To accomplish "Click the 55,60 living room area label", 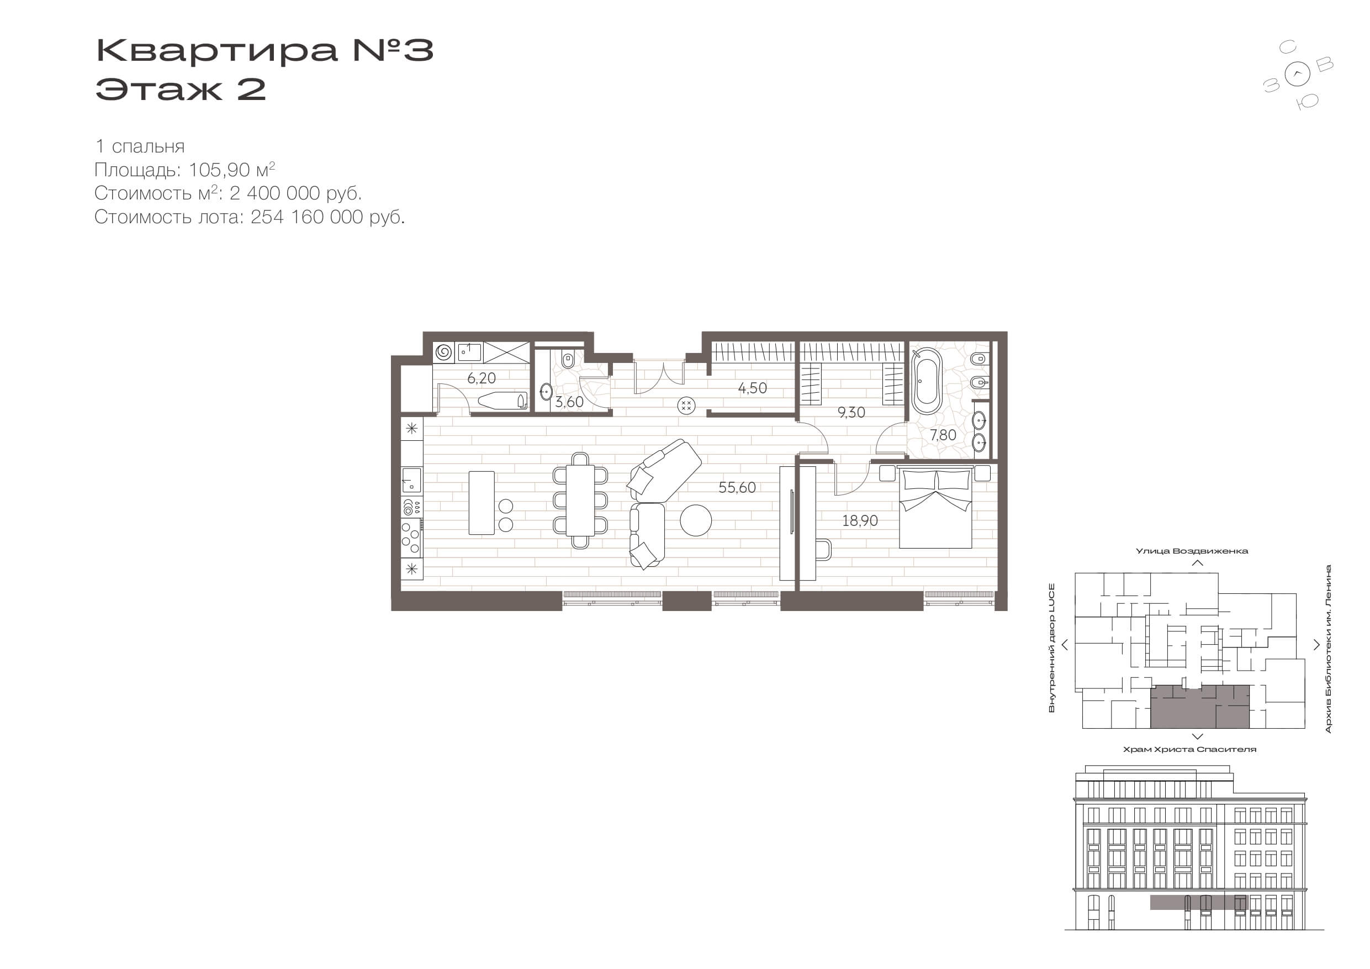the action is coord(737,488).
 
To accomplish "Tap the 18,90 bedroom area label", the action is coord(860,520).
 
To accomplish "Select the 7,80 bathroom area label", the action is coord(943,435).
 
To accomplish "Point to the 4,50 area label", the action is coord(753,388).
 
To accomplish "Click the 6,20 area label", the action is coord(482,378).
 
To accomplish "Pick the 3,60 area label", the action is coord(569,402).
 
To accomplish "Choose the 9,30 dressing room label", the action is coord(851,413).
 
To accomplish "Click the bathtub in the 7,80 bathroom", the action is coord(927,381).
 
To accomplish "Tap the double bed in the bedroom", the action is coord(935,508).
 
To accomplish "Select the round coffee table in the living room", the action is coord(696,520).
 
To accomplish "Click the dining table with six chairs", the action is coord(580,501).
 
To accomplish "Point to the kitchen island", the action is coord(482,503).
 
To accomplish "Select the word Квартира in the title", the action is coord(216,50).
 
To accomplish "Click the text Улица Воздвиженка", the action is coord(1191,551).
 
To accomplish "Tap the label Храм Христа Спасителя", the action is coord(1189,749).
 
